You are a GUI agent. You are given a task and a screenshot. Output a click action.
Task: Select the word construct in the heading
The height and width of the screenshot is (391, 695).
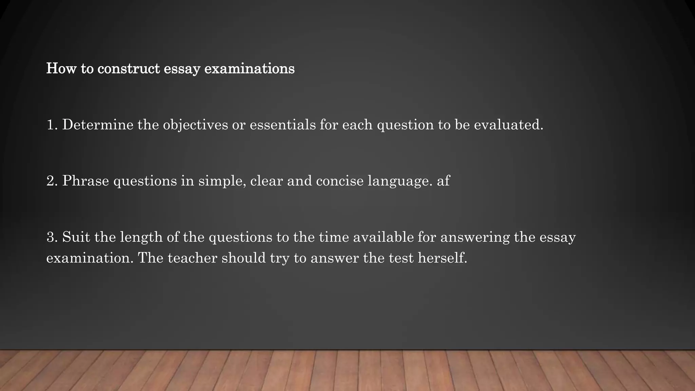pos(129,69)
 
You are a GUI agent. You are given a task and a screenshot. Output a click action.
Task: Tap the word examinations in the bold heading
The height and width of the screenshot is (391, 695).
pos(249,69)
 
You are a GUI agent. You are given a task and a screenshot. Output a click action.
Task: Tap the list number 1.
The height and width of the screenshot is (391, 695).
pos(52,125)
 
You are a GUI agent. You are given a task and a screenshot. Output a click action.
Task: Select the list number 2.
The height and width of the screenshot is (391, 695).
pos(52,181)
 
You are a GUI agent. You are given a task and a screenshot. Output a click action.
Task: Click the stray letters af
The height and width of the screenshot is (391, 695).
pos(443,181)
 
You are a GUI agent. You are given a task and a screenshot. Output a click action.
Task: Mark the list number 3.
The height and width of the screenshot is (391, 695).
pos(52,237)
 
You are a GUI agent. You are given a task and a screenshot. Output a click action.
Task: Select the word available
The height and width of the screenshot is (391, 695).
pos(383,237)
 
